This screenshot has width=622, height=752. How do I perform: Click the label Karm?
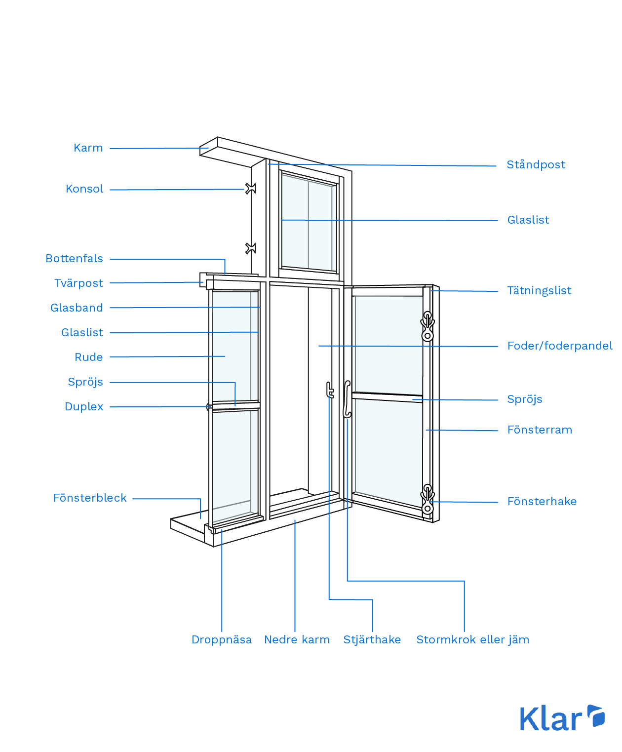pos(88,148)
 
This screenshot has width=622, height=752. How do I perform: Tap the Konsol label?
pos(84,189)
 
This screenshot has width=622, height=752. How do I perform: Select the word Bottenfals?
pos(75,259)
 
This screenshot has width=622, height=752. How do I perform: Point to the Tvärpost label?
pos(79,283)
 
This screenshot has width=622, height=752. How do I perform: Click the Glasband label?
pos(77,308)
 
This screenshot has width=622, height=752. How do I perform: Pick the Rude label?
pos(89,357)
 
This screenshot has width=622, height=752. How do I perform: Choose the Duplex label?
pos(84,407)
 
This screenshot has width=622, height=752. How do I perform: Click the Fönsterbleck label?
pos(90,498)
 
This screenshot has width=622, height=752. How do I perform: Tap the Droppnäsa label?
pos(222,640)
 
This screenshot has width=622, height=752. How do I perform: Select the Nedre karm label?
pos(297,640)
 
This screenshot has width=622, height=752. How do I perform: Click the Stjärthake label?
pos(372,640)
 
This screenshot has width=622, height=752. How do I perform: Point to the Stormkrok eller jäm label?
pos(473,640)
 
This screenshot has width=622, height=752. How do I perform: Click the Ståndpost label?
pos(536,165)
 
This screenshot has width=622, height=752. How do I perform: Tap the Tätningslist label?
pos(540,291)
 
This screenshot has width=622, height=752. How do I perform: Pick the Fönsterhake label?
pos(542,502)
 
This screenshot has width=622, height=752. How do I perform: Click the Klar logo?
pos(562,718)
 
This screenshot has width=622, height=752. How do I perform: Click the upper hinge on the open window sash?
pos(428,326)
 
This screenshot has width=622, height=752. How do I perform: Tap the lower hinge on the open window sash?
pos(428,499)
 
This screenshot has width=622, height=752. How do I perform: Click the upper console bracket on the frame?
pos(251,189)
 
